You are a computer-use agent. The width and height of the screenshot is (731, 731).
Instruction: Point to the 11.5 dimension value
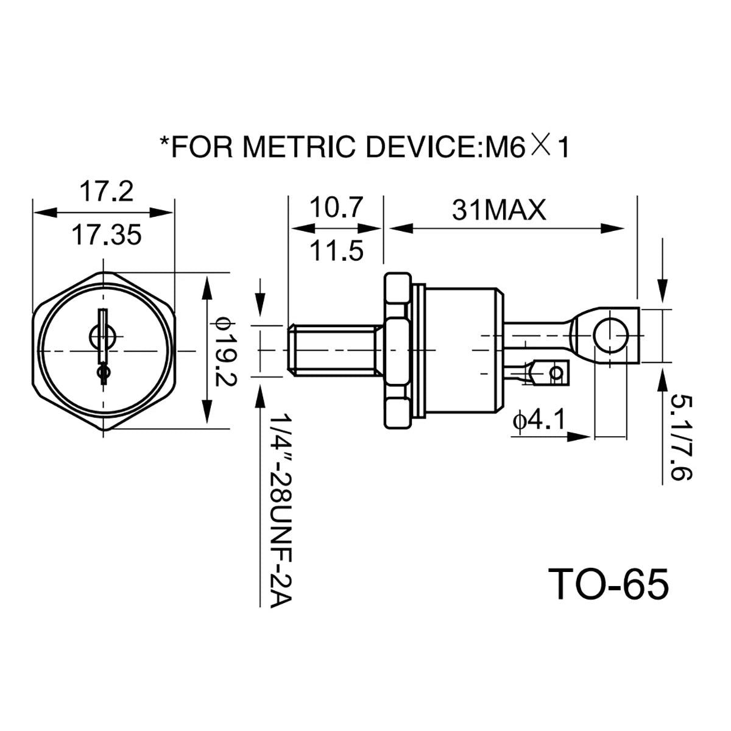[336, 250]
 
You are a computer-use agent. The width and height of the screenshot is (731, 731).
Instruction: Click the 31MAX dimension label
[499, 211]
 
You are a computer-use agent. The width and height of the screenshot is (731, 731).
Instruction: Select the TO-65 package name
[608, 585]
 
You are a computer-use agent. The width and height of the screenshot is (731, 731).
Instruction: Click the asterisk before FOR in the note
[164, 143]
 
